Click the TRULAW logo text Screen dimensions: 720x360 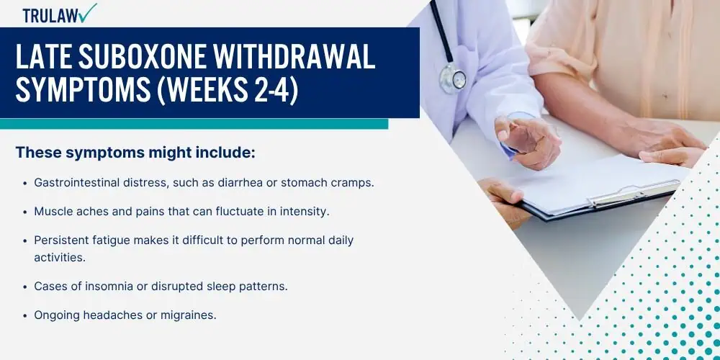(50, 15)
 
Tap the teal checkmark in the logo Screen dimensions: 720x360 (87, 12)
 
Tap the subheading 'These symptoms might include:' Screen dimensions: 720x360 (135, 153)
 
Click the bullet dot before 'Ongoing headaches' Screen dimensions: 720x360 (26, 316)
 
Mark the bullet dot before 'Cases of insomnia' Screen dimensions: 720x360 (26, 287)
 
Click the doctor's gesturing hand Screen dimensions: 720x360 (528, 141)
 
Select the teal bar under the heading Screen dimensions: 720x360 (194, 124)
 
